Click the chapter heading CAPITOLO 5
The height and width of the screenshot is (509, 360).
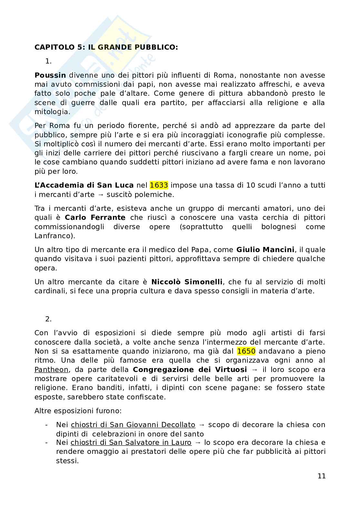[x=106, y=47]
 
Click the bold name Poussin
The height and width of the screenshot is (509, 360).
[x=50, y=75]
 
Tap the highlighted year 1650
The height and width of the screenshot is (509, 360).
[x=246, y=351]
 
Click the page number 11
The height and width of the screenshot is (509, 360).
[x=321, y=476]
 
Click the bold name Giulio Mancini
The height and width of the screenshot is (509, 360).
[x=265, y=250]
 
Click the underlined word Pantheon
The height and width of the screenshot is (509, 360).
[x=51, y=369]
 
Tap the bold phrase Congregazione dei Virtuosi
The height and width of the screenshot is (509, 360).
[x=190, y=369]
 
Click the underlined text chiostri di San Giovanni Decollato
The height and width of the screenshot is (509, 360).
[x=133, y=425]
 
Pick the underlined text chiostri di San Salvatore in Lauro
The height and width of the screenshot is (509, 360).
[x=131, y=443]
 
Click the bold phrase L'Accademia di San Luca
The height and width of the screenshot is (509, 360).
[x=84, y=185]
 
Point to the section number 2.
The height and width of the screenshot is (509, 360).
[x=48, y=319]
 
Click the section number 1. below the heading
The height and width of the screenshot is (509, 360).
[x=48, y=61]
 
